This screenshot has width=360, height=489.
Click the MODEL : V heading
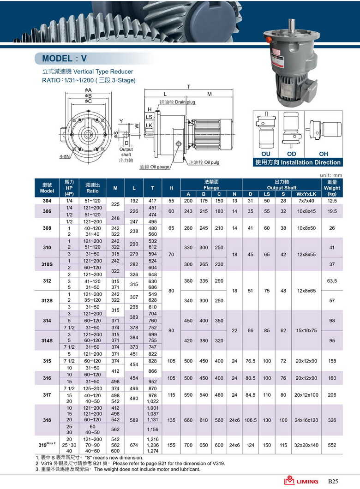click(x=64, y=59)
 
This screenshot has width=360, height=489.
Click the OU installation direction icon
click(x=266, y=131)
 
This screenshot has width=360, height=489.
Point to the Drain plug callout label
click(x=177, y=101)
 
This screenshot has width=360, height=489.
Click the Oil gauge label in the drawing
click(x=155, y=167)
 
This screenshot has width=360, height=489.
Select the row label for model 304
click(x=47, y=201)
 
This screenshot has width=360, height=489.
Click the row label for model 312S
click(x=47, y=301)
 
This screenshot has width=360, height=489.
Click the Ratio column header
click(x=92, y=187)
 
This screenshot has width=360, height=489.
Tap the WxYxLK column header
click(x=306, y=194)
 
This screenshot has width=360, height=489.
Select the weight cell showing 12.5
click(x=332, y=201)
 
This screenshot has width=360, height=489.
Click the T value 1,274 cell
click(x=152, y=451)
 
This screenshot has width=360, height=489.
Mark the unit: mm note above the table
click(x=331, y=175)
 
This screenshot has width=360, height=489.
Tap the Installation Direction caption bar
click(x=298, y=162)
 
